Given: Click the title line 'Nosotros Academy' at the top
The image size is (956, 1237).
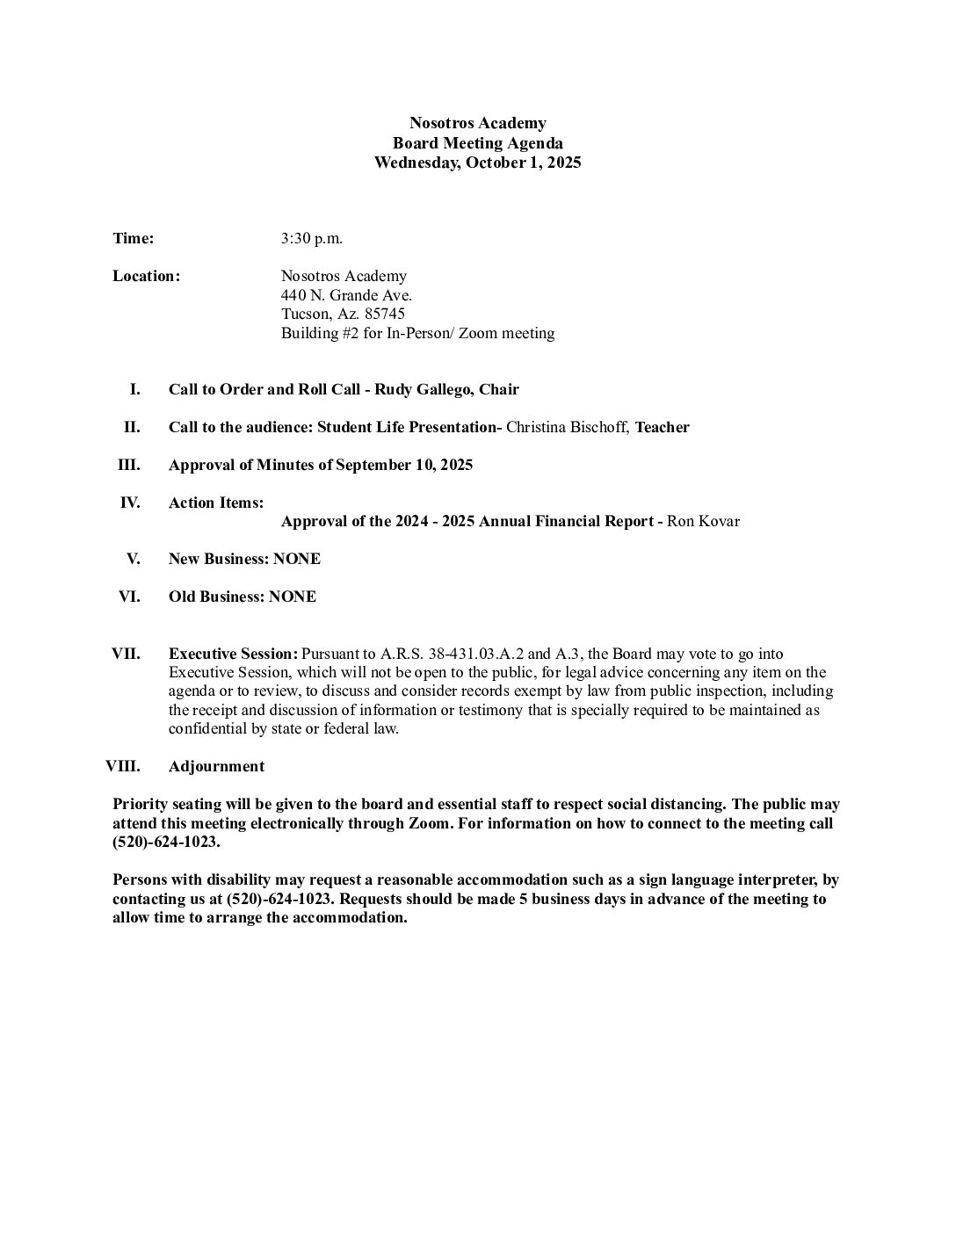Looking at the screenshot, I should (477, 123).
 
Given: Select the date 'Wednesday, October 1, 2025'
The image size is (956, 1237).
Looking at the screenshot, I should (477, 163).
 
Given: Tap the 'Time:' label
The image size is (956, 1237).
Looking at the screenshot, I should (134, 238).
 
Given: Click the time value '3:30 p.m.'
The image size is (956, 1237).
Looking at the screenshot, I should (312, 238).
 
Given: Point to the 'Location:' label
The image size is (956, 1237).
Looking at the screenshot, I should (146, 276).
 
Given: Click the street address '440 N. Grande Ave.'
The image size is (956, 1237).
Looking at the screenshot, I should (346, 295).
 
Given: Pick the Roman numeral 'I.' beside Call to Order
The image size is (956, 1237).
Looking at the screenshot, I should (135, 389).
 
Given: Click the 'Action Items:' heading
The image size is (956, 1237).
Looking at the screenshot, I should (216, 503).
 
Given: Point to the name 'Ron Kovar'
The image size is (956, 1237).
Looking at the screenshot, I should (703, 521).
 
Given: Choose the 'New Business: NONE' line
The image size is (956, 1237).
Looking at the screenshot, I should (244, 559).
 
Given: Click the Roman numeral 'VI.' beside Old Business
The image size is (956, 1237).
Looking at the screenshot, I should (129, 597).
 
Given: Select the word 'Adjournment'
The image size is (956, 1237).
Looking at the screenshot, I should (216, 766).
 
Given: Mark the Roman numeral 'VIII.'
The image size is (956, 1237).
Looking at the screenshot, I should (123, 766).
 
